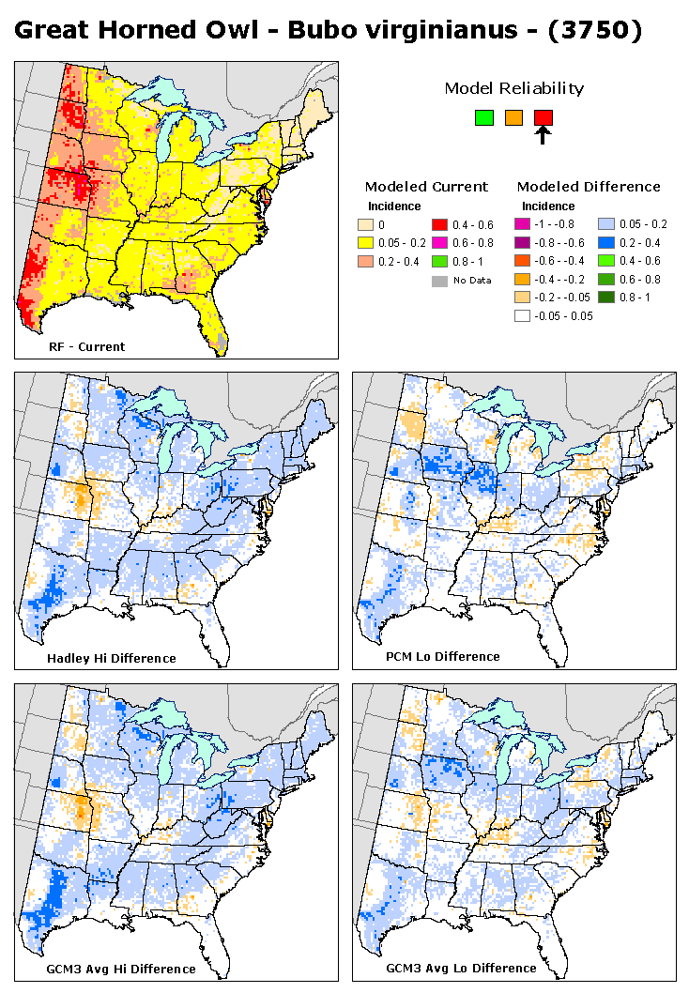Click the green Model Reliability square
484,117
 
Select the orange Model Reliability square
513,117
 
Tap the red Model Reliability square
544,117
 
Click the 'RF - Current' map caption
86,346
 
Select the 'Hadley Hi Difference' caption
111,658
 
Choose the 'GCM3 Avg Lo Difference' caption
461,968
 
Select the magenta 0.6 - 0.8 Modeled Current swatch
440,242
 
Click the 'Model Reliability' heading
513,88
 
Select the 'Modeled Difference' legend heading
589,186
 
